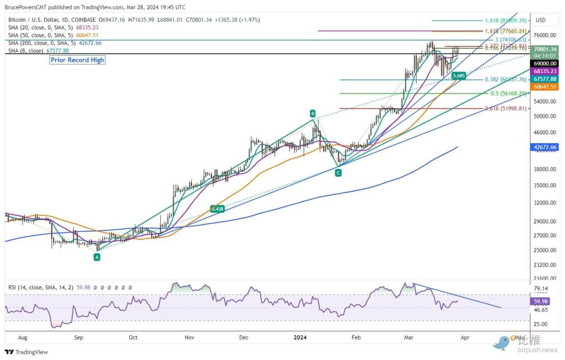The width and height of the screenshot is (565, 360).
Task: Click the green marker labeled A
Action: [x=97, y=257]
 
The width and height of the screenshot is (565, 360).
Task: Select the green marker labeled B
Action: [x=312, y=113]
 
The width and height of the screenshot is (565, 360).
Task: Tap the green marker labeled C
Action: [x=338, y=173]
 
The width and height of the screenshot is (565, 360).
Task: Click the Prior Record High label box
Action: [x=77, y=60]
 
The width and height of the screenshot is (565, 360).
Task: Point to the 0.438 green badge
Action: [x=217, y=209]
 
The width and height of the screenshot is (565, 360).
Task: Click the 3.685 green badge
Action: [x=459, y=75]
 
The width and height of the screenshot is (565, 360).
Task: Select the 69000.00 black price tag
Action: [x=545, y=63]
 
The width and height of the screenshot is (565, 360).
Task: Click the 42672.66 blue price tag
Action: [x=545, y=147]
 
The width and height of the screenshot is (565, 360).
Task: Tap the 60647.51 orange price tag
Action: [x=545, y=87]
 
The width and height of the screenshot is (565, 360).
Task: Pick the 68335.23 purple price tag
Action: [x=545, y=71]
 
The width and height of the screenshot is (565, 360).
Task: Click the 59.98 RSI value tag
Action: [x=540, y=301]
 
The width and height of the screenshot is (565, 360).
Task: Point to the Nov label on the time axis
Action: [x=189, y=337]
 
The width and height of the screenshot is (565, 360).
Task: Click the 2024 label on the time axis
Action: [x=300, y=337]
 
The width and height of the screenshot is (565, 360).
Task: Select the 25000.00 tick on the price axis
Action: [x=545, y=250]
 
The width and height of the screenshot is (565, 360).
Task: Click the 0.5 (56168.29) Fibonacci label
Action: [x=508, y=93]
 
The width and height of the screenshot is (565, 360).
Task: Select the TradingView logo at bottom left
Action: [x=27, y=352]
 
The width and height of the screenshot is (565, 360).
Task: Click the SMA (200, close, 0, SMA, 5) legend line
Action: [x=55, y=43]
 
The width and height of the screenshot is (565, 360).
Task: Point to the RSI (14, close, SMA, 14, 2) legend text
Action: [x=41, y=288]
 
